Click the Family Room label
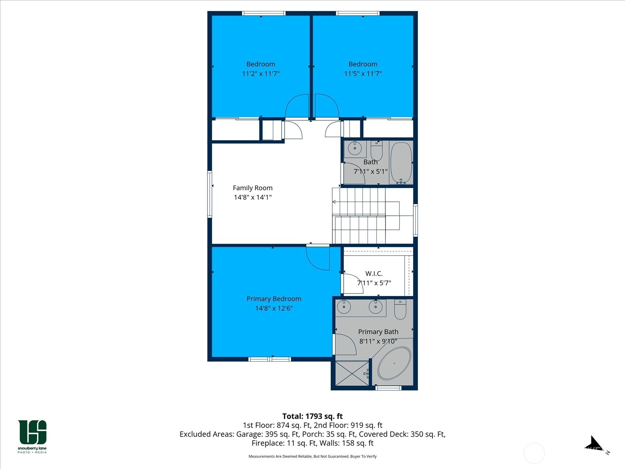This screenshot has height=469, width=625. point(252,188)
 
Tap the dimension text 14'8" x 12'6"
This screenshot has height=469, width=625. point(274,308)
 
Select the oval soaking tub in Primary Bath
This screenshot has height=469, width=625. point(395,363)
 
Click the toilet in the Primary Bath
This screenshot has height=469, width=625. point(400,309)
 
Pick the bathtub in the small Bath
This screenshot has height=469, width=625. point(401,163)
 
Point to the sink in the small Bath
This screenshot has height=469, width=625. point(355,149)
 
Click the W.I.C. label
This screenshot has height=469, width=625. point(374,274)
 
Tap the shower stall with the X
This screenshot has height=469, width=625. point(352,374)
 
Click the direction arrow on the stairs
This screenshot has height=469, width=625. point(335,202)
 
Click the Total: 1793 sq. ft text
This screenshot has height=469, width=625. point(312,416)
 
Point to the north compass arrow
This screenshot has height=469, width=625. point(594,444)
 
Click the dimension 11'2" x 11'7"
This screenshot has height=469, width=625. point(261,73)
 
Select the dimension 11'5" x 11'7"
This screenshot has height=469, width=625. point(363,73)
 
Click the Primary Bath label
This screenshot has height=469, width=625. point(378,332)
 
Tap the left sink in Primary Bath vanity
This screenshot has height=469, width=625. point(343,307)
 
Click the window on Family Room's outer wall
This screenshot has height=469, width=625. point(210,194)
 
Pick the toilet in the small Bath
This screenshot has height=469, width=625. point(377,150)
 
